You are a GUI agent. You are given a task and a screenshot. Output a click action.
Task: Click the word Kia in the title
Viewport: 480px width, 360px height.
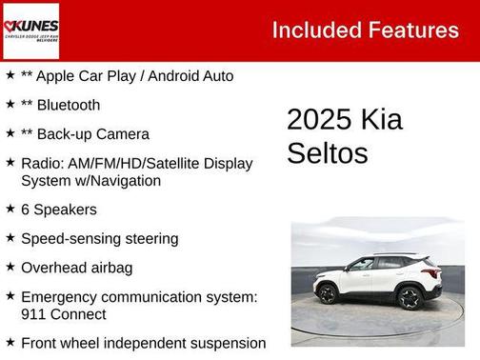pyautogui.click(x=381, y=120)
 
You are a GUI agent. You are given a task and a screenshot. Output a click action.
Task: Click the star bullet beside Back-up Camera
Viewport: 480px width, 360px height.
pyautogui.click(x=10, y=133)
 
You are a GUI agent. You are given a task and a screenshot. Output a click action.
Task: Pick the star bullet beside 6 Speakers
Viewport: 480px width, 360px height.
pyautogui.click(x=10, y=209)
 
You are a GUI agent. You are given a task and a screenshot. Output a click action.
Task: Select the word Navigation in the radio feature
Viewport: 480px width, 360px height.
pyautogui.click(x=125, y=180)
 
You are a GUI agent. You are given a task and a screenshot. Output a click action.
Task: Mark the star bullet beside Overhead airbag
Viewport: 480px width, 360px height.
pyautogui.click(x=10, y=267)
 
